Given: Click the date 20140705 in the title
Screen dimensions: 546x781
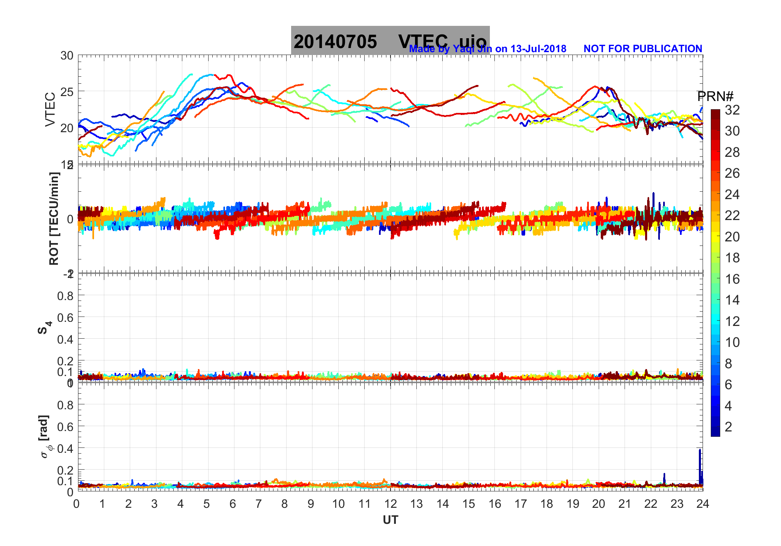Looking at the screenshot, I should tap(335, 42).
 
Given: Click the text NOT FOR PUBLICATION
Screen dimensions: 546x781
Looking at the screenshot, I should tap(643, 49).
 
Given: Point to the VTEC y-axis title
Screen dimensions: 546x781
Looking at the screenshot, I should tap(50, 109).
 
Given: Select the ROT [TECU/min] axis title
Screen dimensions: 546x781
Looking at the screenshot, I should tap(54, 218).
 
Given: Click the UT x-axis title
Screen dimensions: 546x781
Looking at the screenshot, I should tap(390, 520).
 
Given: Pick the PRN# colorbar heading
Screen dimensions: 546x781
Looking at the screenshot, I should tap(715, 96).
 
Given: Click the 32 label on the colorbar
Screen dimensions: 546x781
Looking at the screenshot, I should tap(732, 110).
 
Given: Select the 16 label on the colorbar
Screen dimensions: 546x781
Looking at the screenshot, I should tap(732, 279).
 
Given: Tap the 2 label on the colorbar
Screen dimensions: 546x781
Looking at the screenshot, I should tap(728, 427).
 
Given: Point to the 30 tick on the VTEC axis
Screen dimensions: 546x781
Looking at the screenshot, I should tap(67, 56).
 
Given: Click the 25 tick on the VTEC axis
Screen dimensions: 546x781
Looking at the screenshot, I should tap(67, 92).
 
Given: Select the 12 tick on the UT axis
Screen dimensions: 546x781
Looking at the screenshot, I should tap(390, 504).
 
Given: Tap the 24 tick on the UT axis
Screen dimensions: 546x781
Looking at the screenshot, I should tap(703, 504).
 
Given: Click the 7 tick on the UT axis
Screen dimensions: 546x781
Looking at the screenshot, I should tap(258, 504).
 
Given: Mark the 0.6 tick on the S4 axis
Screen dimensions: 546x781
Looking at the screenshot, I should tap(65, 317).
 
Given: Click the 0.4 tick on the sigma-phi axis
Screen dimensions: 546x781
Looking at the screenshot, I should tap(65, 448).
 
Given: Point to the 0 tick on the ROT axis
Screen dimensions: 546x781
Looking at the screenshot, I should tap(70, 219).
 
